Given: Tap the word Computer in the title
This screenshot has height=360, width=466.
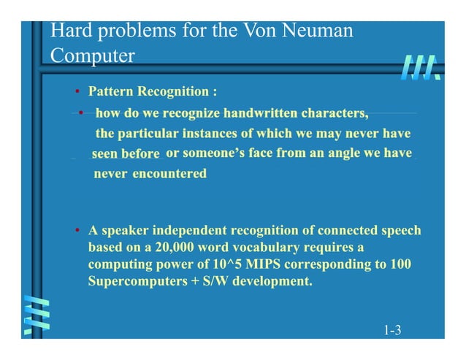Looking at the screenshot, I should coord(93,55).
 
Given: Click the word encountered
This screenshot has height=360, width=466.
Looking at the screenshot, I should coord(169,174).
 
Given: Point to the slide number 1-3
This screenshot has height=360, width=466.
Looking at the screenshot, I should coord(393,332).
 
